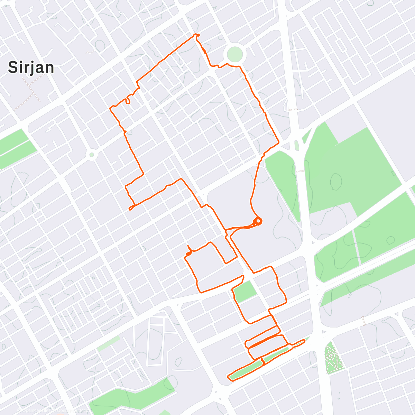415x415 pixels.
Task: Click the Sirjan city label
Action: (31, 67)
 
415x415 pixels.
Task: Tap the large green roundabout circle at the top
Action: (235, 54)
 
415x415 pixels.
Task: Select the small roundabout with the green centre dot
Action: (92, 155)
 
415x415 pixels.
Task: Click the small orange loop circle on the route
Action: (258, 221)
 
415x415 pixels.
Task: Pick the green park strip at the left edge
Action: (16, 147)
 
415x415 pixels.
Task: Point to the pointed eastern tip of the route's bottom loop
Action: (304, 341)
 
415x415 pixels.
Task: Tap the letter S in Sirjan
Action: (13, 67)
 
